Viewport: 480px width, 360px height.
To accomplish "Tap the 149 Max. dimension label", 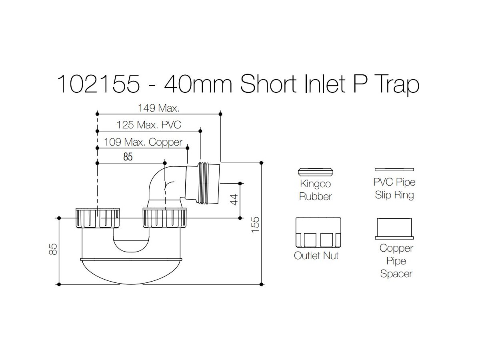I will pos(159,108).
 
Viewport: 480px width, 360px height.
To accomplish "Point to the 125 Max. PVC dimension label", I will pos(149,125).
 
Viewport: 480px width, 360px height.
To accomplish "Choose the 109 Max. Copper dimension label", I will pos(143,142).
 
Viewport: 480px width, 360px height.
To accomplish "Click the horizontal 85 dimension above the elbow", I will pos(128,157).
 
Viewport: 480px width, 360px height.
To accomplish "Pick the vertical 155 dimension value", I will pos(255,224).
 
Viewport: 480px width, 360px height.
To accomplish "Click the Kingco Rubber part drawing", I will pos(316,171).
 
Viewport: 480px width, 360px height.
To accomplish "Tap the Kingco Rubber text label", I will pos(316,190).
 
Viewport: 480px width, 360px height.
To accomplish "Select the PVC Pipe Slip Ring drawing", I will pos(394,170).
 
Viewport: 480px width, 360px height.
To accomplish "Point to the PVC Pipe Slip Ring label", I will pos(394,189).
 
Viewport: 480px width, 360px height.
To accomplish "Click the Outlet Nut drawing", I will pos(318,233).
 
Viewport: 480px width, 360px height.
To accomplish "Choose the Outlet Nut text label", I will pos(316,256).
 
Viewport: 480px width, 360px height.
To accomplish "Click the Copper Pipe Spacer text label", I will pos(396,261).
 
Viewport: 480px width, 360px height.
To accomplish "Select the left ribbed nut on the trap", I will pos(98,218).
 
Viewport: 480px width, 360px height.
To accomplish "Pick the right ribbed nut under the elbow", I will pos(165,218).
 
